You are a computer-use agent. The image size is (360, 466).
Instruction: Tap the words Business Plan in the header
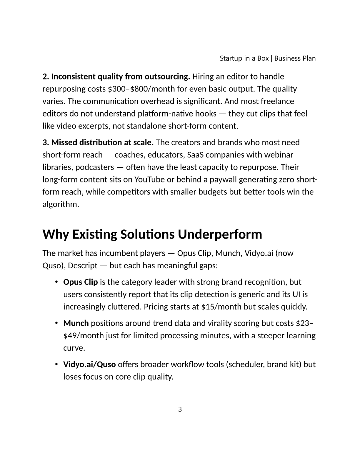295,58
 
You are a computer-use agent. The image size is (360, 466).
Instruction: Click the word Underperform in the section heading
220,234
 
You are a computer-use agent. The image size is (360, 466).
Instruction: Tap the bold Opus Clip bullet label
80,282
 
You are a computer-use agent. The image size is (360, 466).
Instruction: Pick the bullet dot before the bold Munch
56,323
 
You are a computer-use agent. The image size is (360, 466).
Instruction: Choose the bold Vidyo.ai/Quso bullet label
89,365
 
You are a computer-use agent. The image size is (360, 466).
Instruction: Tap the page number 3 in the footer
180,409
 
